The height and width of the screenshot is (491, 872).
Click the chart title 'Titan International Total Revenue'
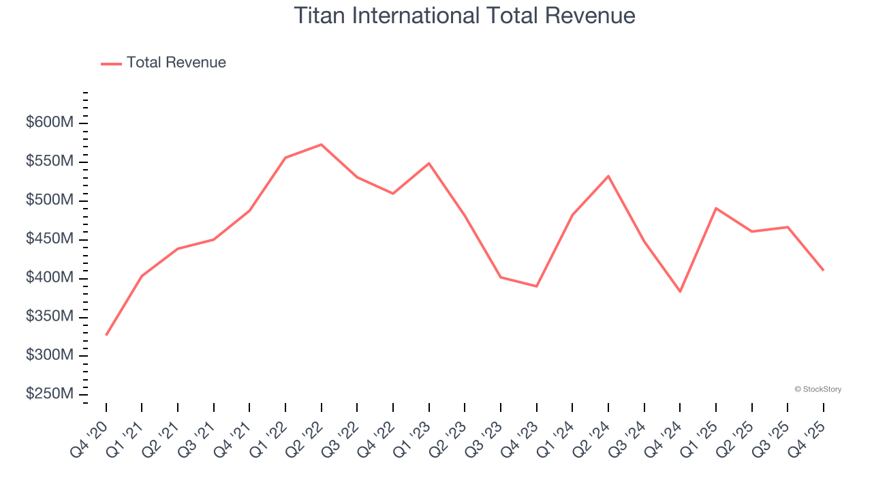pos(465,16)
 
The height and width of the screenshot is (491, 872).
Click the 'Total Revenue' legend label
pos(176,63)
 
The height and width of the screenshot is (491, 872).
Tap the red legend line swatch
pos(111,63)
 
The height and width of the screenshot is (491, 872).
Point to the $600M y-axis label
pos(49,123)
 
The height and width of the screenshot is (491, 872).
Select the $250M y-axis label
pos(49,394)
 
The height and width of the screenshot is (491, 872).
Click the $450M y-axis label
pos(49,239)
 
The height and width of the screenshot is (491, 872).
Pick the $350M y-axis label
pos(49,317)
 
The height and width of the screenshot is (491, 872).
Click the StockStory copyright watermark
pos(817,389)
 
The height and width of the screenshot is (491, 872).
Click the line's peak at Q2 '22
pos(321,145)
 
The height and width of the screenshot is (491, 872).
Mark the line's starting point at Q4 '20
pos(106,335)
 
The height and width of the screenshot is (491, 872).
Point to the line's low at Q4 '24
pos(680,291)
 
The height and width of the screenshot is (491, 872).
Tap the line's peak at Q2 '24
pos(608,176)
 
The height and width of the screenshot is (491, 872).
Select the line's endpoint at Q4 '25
pos(823,270)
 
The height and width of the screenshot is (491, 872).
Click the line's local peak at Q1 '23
pos(429,163)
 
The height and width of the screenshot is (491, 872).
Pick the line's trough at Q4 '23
pos(536,286)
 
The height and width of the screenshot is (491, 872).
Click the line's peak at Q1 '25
pos(715,208)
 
